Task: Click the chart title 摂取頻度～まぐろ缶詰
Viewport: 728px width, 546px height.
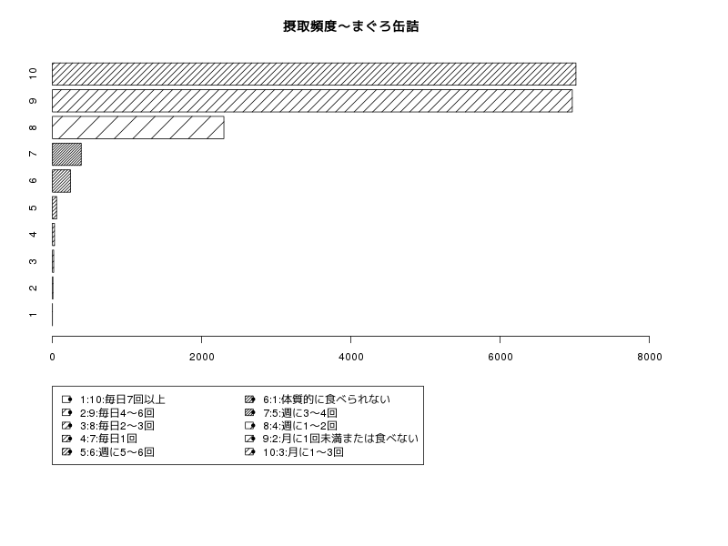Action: point(351,26)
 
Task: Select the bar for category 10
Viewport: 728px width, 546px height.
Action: point(314,75)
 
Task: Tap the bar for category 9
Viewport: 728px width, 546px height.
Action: point(312,101)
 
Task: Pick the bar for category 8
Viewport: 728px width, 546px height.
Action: point(138,127)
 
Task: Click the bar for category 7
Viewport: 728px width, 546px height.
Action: point(66,154)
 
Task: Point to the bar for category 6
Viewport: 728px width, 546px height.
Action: point(61,181)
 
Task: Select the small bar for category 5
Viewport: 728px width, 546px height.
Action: point(55,207)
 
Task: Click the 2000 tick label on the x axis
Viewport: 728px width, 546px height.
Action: point(201,357)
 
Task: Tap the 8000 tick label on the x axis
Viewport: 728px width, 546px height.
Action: point(649,357)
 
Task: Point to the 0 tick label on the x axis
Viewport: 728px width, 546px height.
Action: point(53,357)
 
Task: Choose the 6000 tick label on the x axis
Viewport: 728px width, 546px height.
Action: point(500,357)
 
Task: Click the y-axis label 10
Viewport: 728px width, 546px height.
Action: point(33,74)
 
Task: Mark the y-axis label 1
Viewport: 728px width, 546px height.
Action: point(33,315)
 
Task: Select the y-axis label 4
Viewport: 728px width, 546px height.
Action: point(33,234)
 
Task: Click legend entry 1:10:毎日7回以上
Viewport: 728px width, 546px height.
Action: point(123,399)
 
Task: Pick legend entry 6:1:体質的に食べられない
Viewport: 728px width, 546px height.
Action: point(327,399)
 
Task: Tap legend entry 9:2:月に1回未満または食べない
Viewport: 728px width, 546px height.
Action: point(340,439)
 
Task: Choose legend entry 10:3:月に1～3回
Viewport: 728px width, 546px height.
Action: point(303,451)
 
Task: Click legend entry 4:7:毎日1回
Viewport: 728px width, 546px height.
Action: point(108,439)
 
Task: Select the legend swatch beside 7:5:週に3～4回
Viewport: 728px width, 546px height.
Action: point(249,412)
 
